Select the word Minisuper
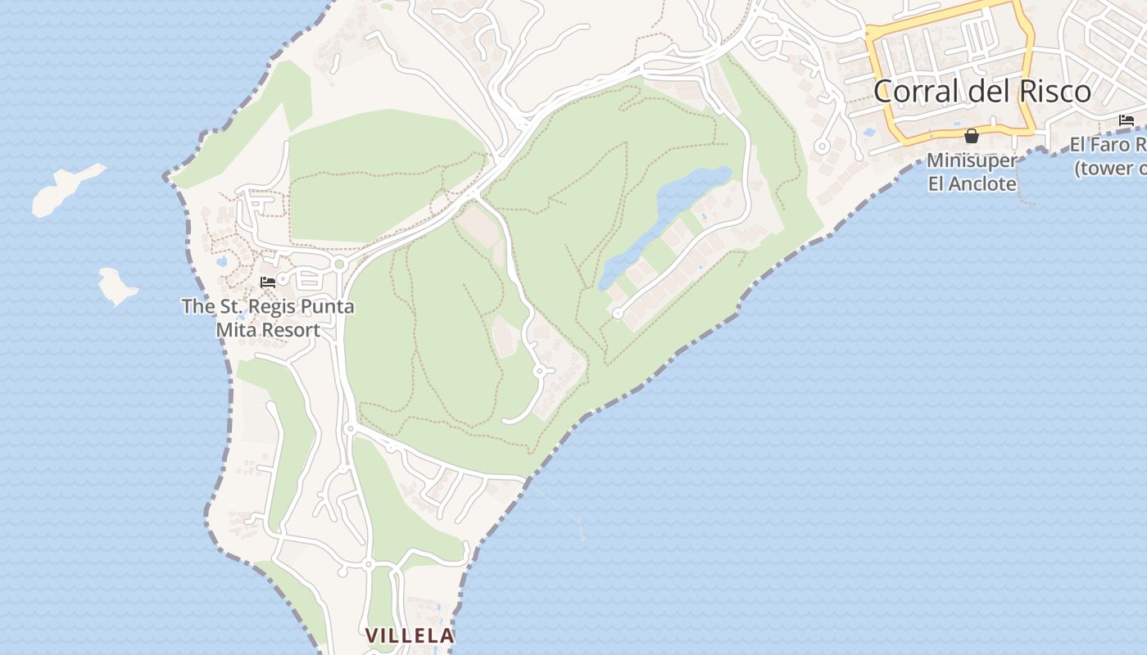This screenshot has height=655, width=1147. pos(971,160)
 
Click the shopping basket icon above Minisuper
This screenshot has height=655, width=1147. pos(972,136)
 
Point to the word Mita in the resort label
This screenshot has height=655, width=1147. pos(235,330)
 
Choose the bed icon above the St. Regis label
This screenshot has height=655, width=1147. pos(267,282)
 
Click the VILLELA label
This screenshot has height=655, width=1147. pos(410,635)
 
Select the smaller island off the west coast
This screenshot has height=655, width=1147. pos(117,286)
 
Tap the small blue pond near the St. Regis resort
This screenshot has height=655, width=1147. pos(222,262)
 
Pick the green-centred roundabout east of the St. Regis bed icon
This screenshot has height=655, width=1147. pos(339,264)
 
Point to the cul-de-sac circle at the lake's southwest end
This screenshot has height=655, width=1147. pos(618,314)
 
